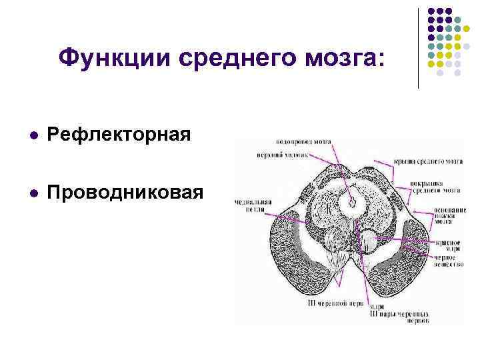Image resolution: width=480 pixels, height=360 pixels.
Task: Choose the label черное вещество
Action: pyautogui.click(x=446, y=261)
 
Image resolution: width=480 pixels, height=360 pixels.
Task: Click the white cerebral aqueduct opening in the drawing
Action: pyautogui.click(x=349, y=201)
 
